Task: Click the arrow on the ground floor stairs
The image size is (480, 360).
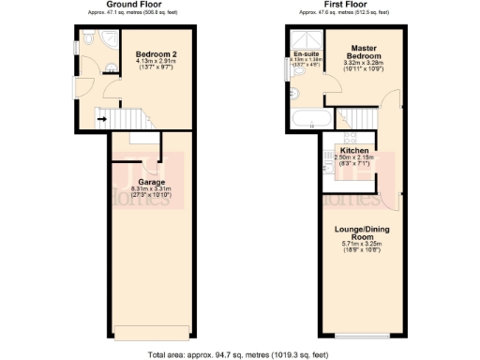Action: click(x=104, y=116)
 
